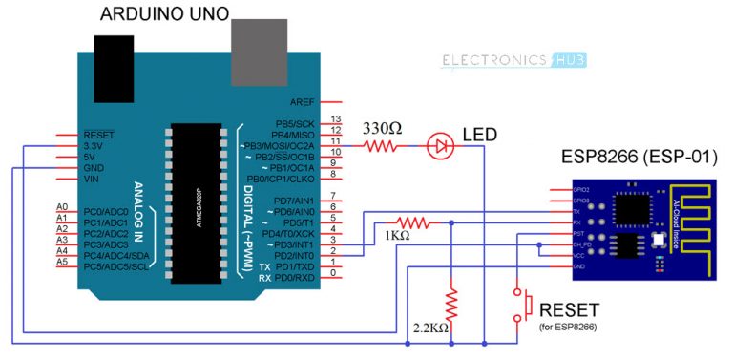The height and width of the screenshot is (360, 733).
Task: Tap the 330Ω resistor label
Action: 382,128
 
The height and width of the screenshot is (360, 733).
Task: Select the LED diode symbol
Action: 441,146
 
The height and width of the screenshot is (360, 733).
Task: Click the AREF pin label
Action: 303,101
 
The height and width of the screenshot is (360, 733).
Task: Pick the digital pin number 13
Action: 335,119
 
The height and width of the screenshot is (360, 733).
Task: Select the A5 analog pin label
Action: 62,262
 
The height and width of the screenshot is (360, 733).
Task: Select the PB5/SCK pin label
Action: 295,124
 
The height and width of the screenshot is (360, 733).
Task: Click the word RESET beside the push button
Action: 570,310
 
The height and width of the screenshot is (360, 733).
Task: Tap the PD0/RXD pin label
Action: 295,278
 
